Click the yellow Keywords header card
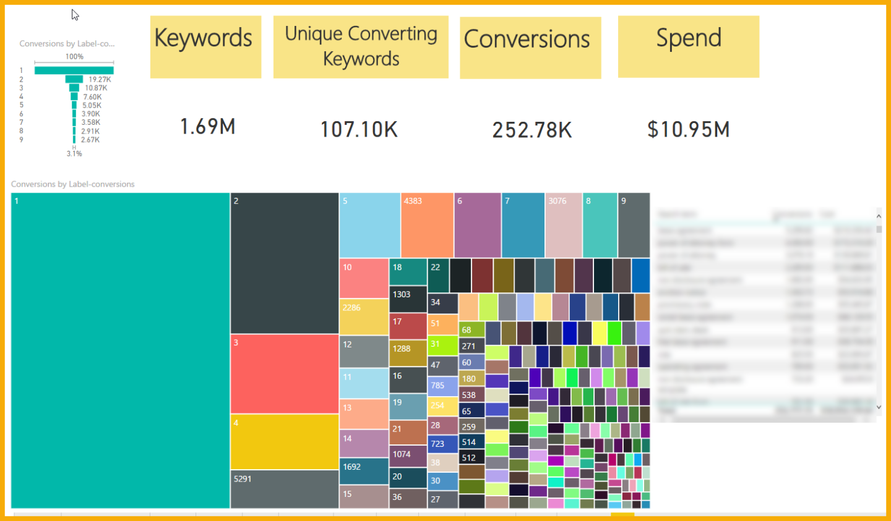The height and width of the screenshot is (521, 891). pyautogui.click(x=205, y=47)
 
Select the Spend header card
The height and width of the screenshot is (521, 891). pyautogui.click(x=688, y=47)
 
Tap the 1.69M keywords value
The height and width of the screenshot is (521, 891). pyautogui.click(x=208, y=127)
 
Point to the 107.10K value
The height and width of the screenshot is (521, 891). pyautogui.click(x=359, y=130)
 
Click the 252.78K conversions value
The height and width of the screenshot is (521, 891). pyautogui.click(x=532, y=130)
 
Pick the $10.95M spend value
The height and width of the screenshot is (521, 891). pyautogui.click(x=689, y=130)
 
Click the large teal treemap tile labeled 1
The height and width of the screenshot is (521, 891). pyautogui.click(x=121, y=350)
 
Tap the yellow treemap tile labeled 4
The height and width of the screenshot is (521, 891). pyautogui.click(x=285, y=442)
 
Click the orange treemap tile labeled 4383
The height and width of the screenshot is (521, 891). pyautogui.click(x=427, y=226)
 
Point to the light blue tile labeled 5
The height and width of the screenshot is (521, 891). pyautogui.click(x=369, y=226)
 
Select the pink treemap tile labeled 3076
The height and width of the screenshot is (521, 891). pyautogui.click(x=564, y=226)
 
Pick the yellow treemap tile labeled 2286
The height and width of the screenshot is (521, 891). pyautogui.click(x=364, y=317)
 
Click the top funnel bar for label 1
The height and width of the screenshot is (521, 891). pyautogui.click(x=74, y=70)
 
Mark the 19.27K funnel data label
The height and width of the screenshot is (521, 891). pyautogui.click(x=100, y=80)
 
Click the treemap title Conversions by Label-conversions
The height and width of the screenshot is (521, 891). pyautogui.click(x=73, y=184)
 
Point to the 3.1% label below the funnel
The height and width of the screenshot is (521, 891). pyautogui.click(x=74, y=154)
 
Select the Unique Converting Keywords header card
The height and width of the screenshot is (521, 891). pyautogui.click(x=361, y=47)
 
